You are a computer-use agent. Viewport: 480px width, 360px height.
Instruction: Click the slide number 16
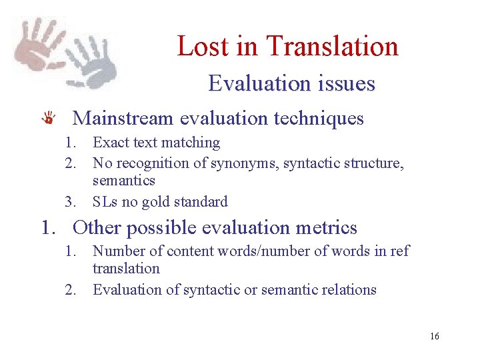point(434,336)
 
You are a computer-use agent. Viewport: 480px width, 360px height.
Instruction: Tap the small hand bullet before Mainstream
point(48,119)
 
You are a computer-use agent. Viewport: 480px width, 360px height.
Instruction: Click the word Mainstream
point(123,119)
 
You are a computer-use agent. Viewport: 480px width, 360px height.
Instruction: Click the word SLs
point(105,202)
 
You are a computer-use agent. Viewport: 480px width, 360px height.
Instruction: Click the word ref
point(400,251)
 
